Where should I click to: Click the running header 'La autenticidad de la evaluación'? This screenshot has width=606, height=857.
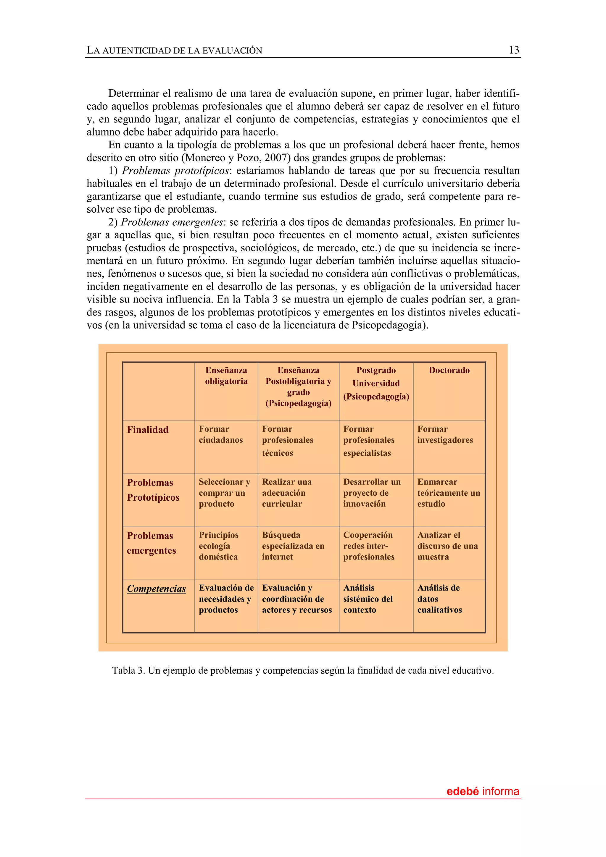(x=174, y=50)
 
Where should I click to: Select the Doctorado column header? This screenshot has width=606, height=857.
(x=449, y=370)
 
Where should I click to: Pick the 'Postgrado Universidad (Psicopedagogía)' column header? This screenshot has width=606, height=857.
(x=376, y=383)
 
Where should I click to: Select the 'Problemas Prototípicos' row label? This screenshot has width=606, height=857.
(x=153, y=490)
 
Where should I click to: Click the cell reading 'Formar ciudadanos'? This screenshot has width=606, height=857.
(x=221, y=434)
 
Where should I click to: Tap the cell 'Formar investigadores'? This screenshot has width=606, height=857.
(x=445, y=434)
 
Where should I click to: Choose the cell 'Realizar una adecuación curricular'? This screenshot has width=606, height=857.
(x=287, y=493)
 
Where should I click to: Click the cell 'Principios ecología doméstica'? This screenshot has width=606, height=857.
(x=218, y=546)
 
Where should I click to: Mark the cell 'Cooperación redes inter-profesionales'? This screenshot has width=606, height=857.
(x=368, y=546)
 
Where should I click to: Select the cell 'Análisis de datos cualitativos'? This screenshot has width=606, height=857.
(x=439, y=599)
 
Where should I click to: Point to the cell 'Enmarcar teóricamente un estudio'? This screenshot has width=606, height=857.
(x=448, y=493)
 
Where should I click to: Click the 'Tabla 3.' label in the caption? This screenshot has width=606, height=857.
(x=128, y=671)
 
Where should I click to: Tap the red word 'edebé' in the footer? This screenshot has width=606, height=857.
(x=462, y=791)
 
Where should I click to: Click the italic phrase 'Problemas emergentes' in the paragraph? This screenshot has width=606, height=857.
(x=172, y=222)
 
